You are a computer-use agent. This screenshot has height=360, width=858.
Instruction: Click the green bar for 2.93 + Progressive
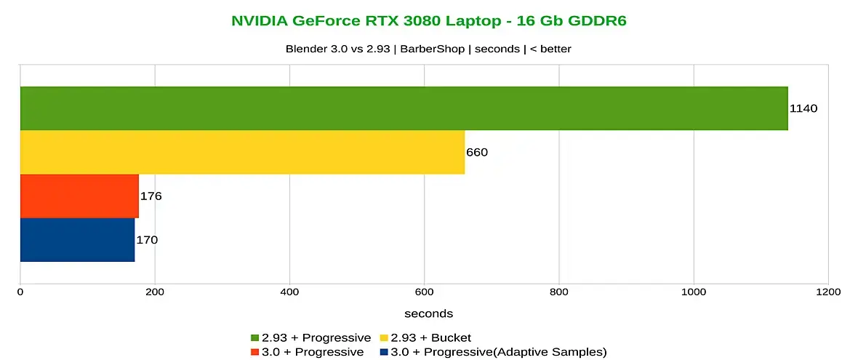404,108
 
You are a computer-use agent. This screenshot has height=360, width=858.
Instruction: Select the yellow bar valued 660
242,152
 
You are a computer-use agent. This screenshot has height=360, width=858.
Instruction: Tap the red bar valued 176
79,196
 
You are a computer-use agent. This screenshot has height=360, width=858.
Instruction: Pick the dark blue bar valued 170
77,239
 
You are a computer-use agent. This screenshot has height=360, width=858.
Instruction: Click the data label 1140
804,108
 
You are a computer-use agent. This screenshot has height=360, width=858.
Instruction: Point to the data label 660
477,152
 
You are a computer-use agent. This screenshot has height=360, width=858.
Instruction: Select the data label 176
151,196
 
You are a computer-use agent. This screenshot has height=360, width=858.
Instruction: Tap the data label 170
147,239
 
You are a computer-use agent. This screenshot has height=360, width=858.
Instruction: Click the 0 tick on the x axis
20,292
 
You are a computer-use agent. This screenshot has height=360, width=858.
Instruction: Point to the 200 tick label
155,292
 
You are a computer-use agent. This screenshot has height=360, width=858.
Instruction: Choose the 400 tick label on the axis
289,292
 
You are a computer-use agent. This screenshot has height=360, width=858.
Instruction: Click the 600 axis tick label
424,292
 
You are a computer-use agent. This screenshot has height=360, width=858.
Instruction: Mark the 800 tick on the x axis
559,292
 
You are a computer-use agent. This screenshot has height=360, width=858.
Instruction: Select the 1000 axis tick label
694,292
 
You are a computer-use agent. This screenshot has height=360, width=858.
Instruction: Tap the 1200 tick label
828,292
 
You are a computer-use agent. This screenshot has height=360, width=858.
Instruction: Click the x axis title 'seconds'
429,313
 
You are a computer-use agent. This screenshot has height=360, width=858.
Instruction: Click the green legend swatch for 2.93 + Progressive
254,337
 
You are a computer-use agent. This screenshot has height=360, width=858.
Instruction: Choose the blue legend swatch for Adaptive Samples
384,352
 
